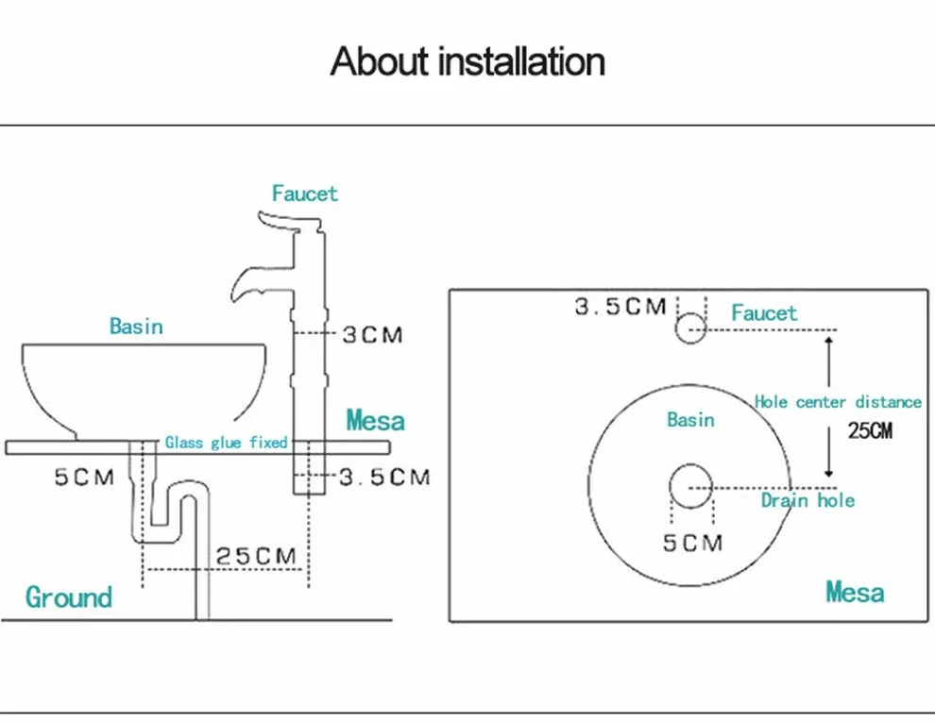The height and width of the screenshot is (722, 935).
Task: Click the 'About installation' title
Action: (467, 61)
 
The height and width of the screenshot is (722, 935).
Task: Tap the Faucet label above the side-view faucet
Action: (305, 193)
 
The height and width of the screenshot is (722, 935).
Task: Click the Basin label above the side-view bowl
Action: (136, 326)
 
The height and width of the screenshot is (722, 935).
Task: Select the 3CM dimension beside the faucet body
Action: (373, 335)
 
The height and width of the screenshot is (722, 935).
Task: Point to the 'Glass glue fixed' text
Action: (226, 442)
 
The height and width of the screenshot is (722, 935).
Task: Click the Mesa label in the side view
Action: (376, 421)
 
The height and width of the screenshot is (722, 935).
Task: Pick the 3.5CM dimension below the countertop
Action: (384, 477)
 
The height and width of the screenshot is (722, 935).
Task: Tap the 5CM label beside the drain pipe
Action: (84, 478)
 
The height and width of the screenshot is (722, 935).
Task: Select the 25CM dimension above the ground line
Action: (256, 556)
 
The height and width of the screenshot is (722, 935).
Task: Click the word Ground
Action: (69, 596)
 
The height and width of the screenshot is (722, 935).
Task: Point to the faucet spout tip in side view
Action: (235, 294)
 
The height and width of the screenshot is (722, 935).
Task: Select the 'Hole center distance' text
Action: (838, 402)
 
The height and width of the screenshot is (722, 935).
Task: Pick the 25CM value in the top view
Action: (870, 430)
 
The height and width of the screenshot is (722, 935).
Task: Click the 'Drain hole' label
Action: (807, 500)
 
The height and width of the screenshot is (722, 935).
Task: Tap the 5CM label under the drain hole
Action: (693, 543)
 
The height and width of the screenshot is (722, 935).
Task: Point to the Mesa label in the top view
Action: (855, 592)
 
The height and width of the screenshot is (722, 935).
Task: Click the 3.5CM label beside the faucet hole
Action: (620, 307)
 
